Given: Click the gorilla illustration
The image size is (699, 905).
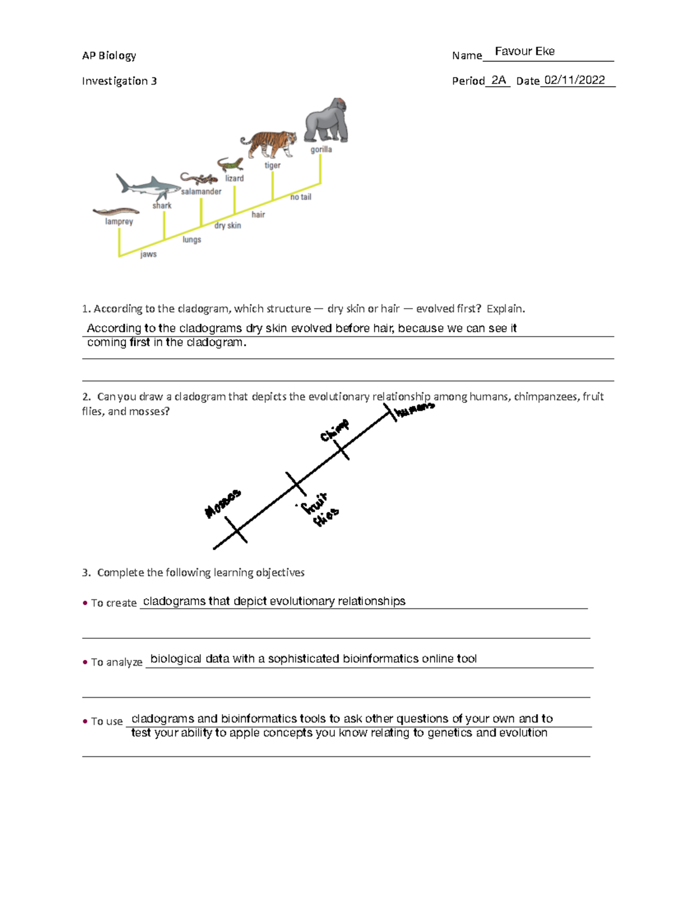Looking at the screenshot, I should coord(327,121).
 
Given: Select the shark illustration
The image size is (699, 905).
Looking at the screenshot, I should coord(148,186).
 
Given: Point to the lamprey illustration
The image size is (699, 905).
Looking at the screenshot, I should coord(115,212).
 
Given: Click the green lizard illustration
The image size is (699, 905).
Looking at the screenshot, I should coord(230,164).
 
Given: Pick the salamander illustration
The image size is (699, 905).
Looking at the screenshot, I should coord(199,178).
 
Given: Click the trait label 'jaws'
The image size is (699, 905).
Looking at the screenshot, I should coord(149,254).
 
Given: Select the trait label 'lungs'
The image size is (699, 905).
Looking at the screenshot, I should coord(192,239).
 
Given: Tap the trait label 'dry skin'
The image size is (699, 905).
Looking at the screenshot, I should coord(227,225).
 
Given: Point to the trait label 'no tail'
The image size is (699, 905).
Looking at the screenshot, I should coord(301,197).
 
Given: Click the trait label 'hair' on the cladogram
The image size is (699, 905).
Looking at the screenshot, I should coord(258,214).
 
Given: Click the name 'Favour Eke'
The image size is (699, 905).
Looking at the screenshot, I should coord(524,51).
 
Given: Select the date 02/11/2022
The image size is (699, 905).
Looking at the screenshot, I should coord(574,80).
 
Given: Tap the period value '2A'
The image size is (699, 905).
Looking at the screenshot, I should coord(498,80).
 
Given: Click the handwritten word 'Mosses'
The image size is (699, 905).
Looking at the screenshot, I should coord(223,503).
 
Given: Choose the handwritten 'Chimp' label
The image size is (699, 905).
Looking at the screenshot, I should coord(334,430).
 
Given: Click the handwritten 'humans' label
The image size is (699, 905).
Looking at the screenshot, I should coord(415,409).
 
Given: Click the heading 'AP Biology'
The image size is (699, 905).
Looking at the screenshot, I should coord(109,55).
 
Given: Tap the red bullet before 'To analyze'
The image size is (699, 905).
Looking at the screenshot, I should coord(85,662).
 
